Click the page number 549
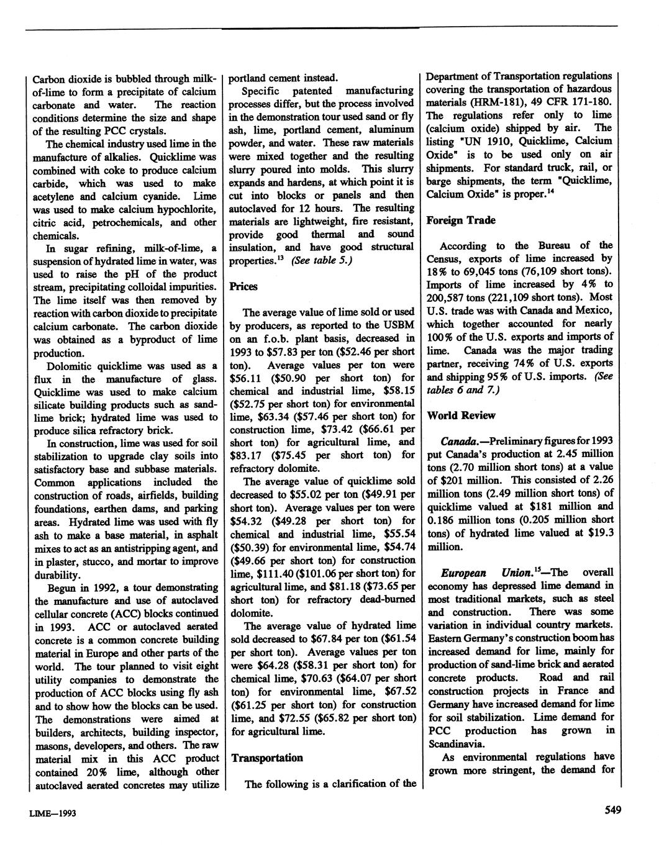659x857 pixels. point(611,810)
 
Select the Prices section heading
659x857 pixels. point(243,287)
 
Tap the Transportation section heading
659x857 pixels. point(267,758)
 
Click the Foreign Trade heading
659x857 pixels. point(460,220)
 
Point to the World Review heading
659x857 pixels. point(460,415)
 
